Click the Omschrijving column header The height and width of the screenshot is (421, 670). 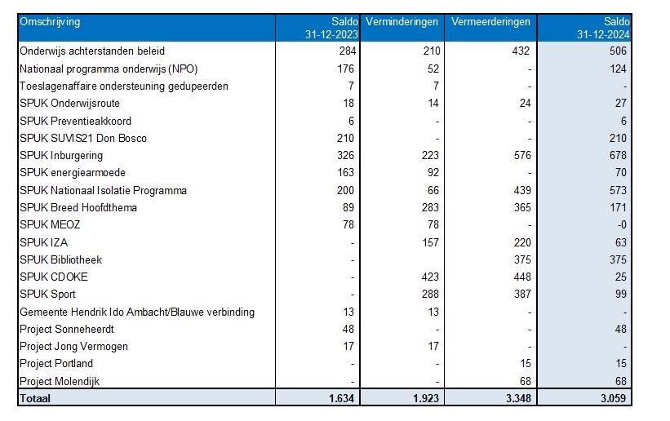pos(50,22)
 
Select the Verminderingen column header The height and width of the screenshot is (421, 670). pos(402,22)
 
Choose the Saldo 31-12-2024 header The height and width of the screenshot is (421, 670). pos(602,29)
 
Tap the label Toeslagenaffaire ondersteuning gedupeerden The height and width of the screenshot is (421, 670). pos(123,86)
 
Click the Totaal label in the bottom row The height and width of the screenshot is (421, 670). pos(35,399)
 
